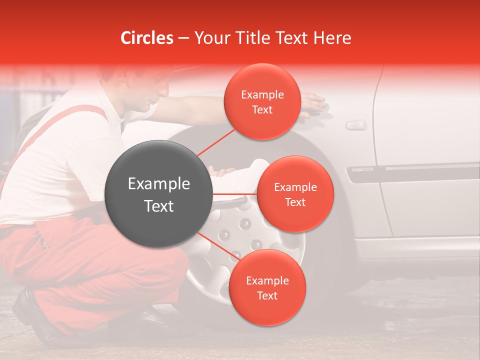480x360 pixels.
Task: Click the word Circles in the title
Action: click(147, 38)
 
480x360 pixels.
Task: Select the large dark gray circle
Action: click(158, 194)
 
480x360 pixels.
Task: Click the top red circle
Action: click(262, 101)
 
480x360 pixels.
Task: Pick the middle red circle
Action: click(295, 194)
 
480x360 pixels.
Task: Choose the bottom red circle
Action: click(267, 287)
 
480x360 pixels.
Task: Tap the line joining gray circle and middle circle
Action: click(235, 194)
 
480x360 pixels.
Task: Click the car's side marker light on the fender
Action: click(355, 124)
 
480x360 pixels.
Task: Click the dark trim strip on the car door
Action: click(415, 172)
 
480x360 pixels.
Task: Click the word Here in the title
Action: click(332, 38)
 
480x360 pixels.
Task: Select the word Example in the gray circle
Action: click(158, 184)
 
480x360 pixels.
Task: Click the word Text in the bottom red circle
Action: click(267, 295)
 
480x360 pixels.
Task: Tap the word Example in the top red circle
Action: click(262, 94)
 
